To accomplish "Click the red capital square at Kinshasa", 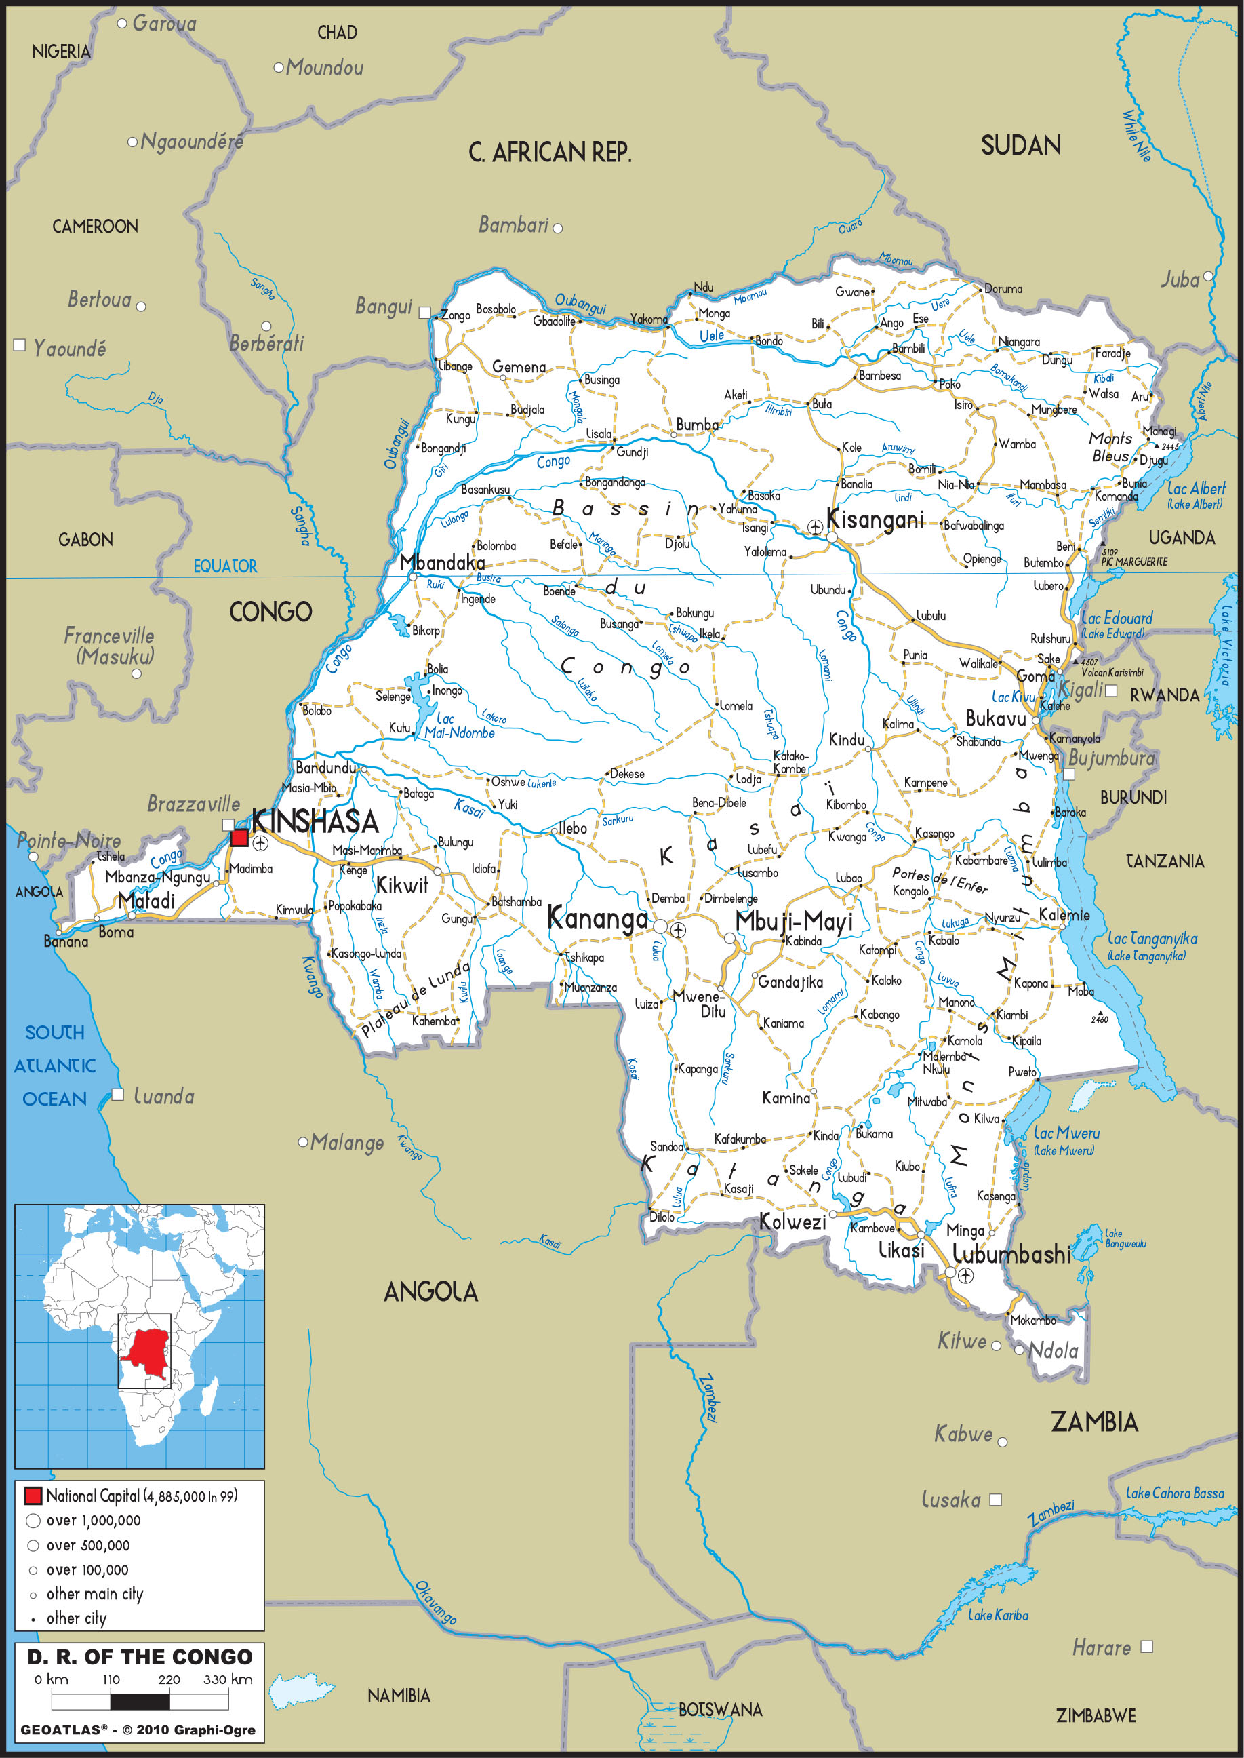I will (239, 838).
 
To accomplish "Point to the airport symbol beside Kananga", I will (678, 931).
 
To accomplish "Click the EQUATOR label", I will (224, 566).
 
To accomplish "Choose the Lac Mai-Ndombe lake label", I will (459, 726).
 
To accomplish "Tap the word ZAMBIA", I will (1094, 1422).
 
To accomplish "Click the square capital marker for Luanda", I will (118, 1095).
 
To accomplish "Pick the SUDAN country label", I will (1020, 146).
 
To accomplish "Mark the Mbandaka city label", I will (442, 562).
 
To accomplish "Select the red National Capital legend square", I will (32, 1495).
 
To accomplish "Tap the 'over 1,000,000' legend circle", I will (33, 1521).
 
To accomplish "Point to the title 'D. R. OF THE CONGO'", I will (140, 1657).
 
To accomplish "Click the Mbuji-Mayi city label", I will (794, 921).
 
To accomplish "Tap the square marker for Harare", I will (1146, 1646).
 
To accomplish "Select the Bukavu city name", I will (995, 719).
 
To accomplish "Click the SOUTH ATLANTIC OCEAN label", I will (54, 1066).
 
